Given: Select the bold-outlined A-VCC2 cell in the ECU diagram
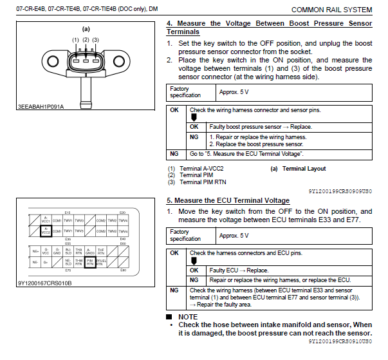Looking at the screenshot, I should (46, 231).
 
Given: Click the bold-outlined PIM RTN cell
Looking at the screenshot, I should (90, 262).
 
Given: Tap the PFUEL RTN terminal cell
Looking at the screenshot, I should (101, 262).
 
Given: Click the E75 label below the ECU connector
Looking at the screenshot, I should (68, 270).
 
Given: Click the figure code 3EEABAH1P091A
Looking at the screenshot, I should (39, 106).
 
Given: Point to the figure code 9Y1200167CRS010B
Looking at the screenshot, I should (44, 283).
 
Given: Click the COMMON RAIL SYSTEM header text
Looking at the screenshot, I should (331, 10).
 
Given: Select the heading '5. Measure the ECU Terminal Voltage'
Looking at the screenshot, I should (228, 200).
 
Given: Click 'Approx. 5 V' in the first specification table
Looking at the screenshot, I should (234, 93).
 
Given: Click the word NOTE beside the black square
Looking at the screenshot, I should (189, 317).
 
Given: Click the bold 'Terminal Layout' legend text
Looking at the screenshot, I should (304, 169).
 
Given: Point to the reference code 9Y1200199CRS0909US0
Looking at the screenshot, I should (340, 191).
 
